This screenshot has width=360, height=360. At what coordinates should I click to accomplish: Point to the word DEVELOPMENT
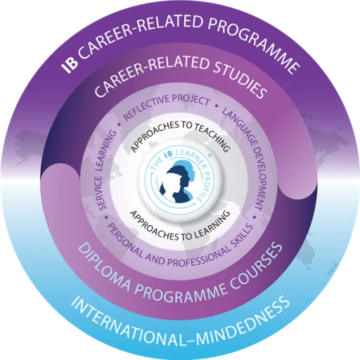click(259, 178)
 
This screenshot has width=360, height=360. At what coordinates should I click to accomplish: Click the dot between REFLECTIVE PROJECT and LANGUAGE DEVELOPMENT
click(217, 105)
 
